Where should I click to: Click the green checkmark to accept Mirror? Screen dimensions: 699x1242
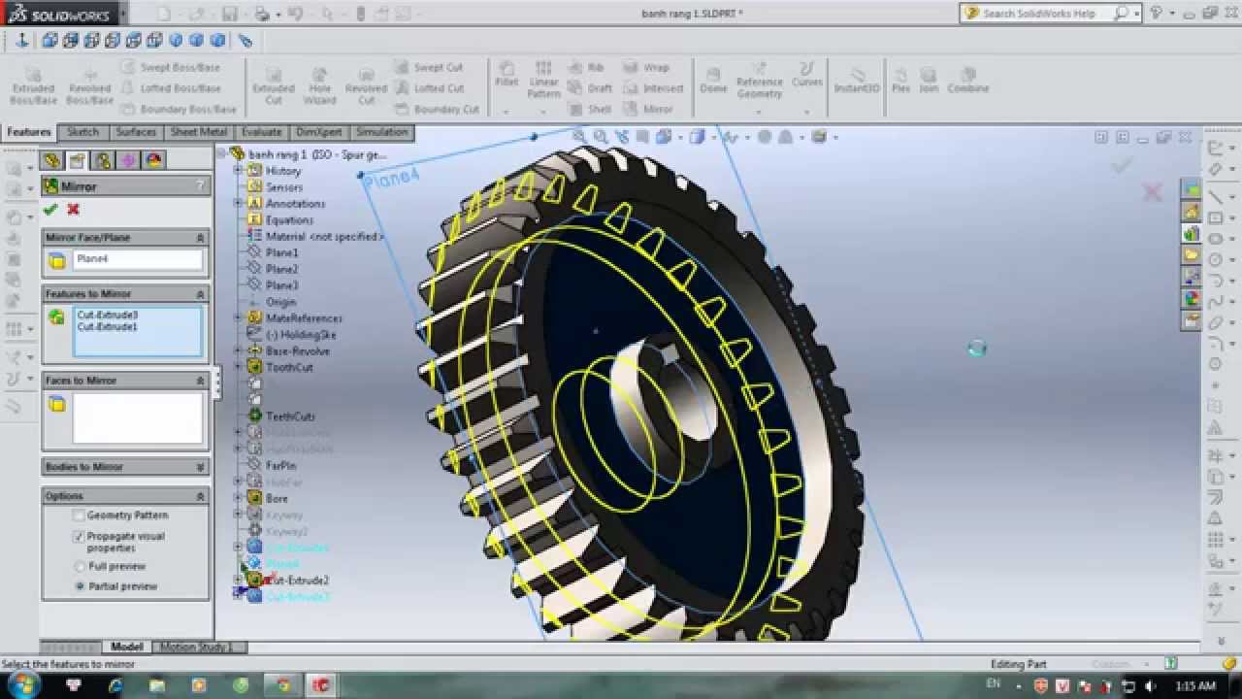coord(50,210)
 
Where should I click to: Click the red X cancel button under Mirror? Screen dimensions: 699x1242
coord(73,210)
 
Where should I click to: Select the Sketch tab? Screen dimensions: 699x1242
coord(82,132)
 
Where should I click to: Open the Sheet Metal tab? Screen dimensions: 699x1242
coord(198,132)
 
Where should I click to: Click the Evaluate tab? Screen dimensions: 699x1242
coord(261,132)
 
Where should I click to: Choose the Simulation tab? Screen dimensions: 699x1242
coord(381,132)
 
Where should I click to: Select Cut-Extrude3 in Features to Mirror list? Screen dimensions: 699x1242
coord(107,316)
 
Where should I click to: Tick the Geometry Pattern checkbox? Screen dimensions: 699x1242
coord(80,516)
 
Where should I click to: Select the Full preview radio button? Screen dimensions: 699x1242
coord(80,566)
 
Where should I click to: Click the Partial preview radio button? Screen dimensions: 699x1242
coord(80,586)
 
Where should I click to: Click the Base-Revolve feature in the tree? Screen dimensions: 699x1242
coord(297,350)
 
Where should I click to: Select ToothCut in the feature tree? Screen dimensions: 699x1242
coord(289,367)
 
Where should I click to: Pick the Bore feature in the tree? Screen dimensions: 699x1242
coord(277,498)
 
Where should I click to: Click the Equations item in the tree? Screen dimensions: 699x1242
coord(289,219)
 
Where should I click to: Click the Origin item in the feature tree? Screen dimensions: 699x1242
coord(280,302)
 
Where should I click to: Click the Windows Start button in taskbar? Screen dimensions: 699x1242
coord(21,685)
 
